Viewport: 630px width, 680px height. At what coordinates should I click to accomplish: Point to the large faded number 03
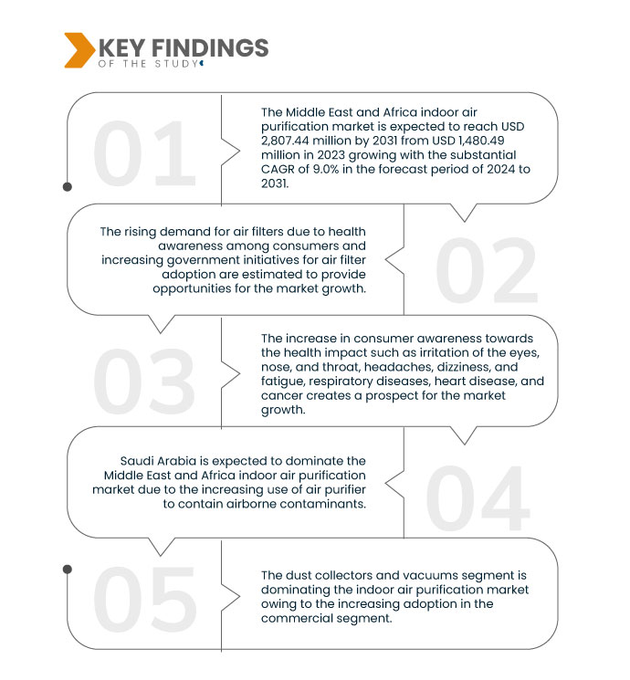(x=145, y=381)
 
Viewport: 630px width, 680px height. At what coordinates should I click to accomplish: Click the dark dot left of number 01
(x=68, y=186)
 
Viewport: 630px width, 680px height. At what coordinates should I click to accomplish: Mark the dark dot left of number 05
(x=68, y=570)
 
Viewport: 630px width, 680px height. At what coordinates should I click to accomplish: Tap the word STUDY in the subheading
(x=173, y=64)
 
